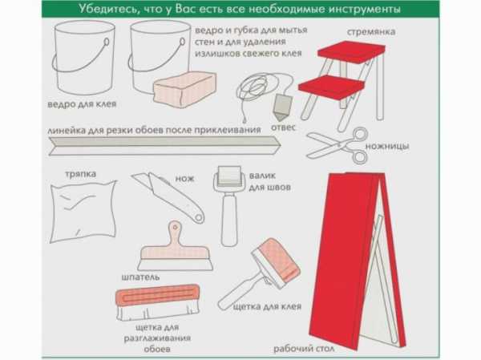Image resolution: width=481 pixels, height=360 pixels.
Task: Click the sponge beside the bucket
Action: coord(184,90)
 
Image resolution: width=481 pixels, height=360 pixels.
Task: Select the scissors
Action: coord(338,145)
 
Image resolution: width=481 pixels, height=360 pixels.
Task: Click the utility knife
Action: coord(168,196)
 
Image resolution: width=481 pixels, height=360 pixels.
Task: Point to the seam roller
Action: coord(229,205)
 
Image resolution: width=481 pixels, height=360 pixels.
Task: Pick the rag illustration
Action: coord(83,211)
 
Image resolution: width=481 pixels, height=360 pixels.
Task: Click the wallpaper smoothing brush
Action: coord(158,302)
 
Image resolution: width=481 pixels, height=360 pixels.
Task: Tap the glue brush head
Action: coord(276,262)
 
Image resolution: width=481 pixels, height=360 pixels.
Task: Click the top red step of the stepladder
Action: coord(351,51)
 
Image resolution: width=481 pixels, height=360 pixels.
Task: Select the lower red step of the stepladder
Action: coord(331,87)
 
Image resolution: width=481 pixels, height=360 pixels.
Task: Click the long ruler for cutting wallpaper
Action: coord(164,146)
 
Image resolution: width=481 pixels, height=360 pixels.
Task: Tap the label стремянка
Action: coord(371,32)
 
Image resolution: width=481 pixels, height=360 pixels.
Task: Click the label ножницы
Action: coord(387,146)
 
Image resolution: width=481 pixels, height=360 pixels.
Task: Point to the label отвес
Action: coord(283,127)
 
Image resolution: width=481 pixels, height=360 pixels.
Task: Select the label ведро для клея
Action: coord(82,104)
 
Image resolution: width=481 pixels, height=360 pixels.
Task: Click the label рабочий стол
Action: coord(304,349)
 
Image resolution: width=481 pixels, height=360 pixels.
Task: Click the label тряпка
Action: coord(81,174)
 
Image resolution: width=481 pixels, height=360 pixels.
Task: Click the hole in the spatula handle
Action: coord(175,228)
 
